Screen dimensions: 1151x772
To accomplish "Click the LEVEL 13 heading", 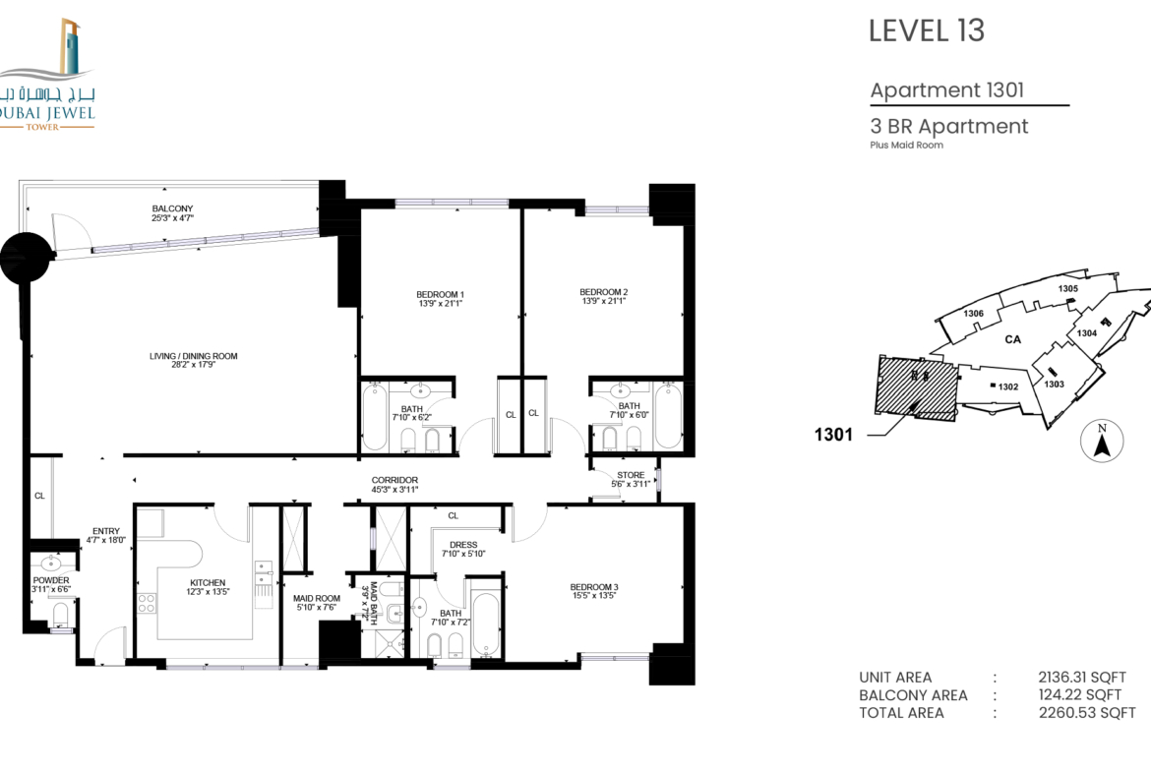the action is click(927, 30).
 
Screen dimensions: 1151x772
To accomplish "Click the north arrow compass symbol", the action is click(1101, 441).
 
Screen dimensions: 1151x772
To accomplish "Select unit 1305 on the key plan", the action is click(1068, 288).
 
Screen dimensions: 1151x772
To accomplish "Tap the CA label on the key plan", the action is click(1012, 339).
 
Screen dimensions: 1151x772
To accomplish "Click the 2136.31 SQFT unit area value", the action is click(1082, 678).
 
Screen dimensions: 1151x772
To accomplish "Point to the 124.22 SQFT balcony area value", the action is click(1080, 695).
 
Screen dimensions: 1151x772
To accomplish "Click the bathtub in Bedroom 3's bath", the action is click(486, 624).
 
